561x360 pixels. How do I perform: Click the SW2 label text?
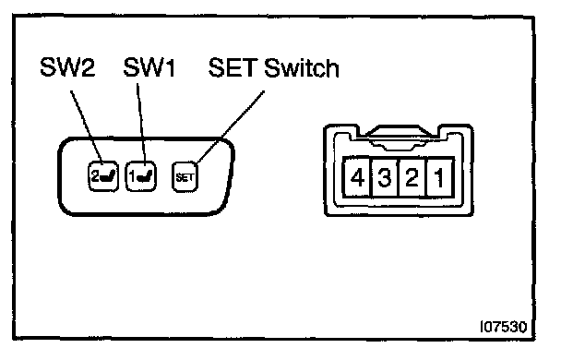[x=67, y=66]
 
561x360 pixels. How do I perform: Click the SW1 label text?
[x=149, y=66]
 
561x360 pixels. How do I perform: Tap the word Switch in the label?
[x=302, y=67]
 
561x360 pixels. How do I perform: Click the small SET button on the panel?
[x=185, y=177]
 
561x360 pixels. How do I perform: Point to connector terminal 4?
[x=357, y=177]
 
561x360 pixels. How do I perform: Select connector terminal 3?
[x=385, y=177]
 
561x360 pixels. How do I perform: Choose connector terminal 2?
[x=412, y=177]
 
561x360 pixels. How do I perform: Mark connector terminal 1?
[x=440, y=177]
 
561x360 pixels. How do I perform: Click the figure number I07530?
[x=504, y=327]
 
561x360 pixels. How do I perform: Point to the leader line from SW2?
[x=87, y=127]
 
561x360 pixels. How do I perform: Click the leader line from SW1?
[x=141, y=125]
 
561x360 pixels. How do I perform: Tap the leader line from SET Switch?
[x=231, y=127]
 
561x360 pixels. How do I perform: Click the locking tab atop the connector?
[x=398, y=136]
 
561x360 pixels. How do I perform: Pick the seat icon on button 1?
[x=145, y=175]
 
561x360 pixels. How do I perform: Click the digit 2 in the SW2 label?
[x=87, y=66]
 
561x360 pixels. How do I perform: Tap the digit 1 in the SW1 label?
[x=170, y=66]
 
